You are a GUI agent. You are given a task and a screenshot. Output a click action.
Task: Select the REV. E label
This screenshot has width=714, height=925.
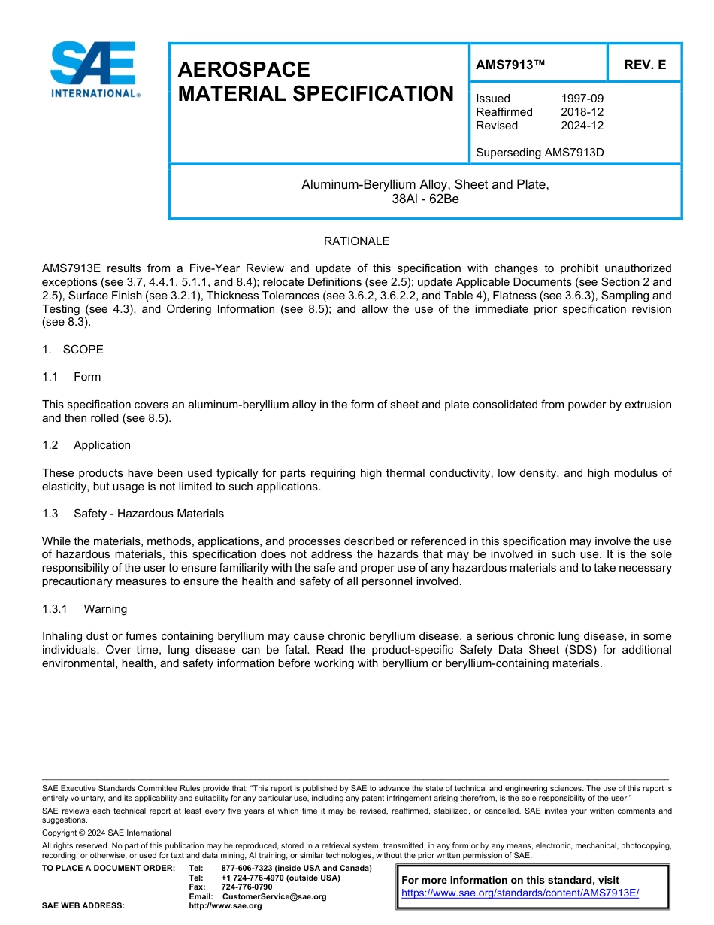pyautogui.click(x=644, y=65)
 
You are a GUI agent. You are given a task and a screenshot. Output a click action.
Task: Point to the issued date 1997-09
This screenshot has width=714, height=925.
pyautogui.click(x=582, y=99)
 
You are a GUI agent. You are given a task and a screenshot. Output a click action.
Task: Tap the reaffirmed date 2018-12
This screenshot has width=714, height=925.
pyautogui.click(x=582, y=112)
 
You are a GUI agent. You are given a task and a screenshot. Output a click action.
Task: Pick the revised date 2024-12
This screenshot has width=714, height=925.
pyautogui.click(x=582, y=126)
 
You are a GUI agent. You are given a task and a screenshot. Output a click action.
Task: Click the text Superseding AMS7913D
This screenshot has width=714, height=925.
pyautogui.click(x=540, y=153)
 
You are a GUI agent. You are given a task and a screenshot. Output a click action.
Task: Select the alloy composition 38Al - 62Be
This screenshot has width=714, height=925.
pyautogui.click(x=425, y=199)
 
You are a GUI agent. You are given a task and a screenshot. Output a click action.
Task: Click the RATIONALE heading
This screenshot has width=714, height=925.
pyautogui.click(x=356, y=241)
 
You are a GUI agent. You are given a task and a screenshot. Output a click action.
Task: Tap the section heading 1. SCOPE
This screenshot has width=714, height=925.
pyautogui.click(x=73, y=350)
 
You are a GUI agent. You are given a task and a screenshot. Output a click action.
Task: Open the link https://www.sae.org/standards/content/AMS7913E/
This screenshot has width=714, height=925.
pyautogui.click(x=519, y=893)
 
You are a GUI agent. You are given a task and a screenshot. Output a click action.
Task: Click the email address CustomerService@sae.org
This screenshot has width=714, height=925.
pyautogui.click(x=274, y=896)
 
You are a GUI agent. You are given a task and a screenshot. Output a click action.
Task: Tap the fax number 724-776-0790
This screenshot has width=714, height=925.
pyautogui.click(x=247, y=887)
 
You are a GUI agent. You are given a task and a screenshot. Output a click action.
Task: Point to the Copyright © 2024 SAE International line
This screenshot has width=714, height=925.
pyautogui.click(x=107, y=832)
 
